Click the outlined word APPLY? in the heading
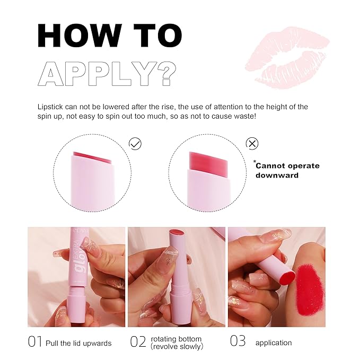pos(106,73)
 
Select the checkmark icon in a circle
pos(136,143)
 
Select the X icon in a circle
pos(253,143)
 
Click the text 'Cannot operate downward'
pos(286,170)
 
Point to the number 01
pos(35,343)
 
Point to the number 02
pos(139,343)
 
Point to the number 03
pos(238,343)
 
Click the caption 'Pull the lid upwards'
pos(78,343)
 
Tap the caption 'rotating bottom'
pos(176,339)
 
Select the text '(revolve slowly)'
pos(177,347)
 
